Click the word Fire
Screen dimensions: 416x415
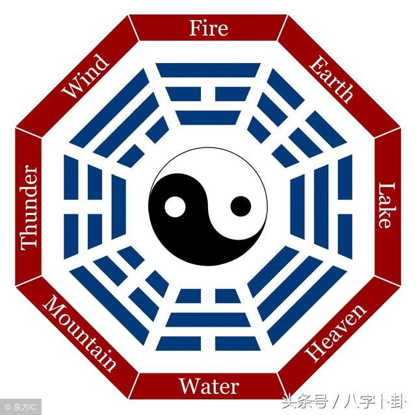209,28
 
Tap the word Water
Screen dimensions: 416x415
209,386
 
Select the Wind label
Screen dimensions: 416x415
85,76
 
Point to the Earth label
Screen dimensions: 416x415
331,79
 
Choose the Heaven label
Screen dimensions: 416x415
336,333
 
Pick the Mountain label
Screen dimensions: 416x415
79,333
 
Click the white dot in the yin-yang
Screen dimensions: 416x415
175,207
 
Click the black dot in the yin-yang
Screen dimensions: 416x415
240,207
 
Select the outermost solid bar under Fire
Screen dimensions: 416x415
208,70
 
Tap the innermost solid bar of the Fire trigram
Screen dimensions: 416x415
208,118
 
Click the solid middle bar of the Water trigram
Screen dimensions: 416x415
208,320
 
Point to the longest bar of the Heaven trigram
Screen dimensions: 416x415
307,305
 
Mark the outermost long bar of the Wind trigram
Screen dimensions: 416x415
109,108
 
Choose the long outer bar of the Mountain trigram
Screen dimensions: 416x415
109,305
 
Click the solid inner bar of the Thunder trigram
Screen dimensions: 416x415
118,207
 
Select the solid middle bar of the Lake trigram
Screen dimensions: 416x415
321,207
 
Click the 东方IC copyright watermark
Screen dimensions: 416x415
21,407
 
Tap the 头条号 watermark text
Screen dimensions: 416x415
305,402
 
